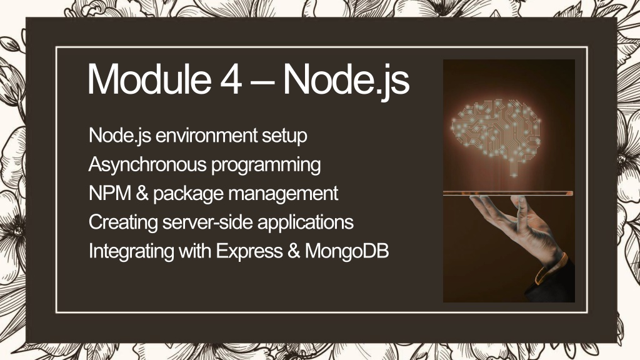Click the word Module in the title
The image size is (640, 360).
[x=149, y=79]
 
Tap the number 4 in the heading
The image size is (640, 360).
[x=231, y=79]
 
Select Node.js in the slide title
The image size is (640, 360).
[x=346, y=81]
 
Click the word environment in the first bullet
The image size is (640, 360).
[x=206, y=136]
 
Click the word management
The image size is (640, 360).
[x=283, y=194]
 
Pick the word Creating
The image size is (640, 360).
[x=123, y=223]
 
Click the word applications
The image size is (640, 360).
[x=305, y=223]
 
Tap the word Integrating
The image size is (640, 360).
[x=131, y=252]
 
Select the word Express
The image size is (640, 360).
[x=249, y=252]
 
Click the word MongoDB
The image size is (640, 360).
[x=347, y=252]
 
